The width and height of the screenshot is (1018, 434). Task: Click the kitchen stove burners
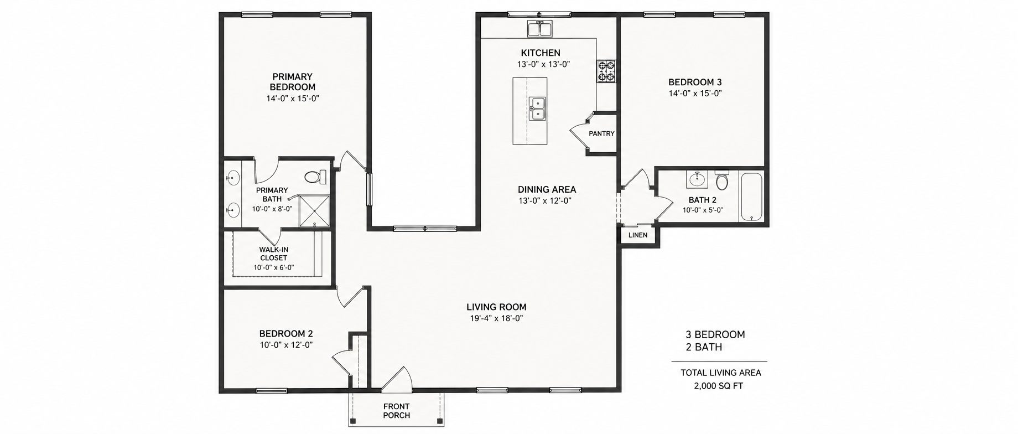(606, 71)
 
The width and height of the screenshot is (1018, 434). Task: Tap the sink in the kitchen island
(537, 108)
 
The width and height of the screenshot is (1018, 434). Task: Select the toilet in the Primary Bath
(315, 177)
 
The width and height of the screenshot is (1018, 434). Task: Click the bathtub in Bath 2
(751, 197)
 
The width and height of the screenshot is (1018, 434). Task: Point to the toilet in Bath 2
(722, 179)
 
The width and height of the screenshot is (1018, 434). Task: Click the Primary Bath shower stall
(314, 211)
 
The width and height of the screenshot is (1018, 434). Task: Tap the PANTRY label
(601, 133)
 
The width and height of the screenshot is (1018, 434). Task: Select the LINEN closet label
(638, 235)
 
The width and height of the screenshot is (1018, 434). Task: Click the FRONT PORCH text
(397, 411)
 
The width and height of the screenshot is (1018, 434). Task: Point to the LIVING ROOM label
(496, 307)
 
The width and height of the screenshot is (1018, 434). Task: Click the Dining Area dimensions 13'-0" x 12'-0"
(545, 201)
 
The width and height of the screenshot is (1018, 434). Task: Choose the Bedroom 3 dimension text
(695, 94)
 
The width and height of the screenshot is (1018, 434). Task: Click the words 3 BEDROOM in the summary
(715, 334)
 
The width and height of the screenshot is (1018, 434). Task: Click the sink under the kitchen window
(539, 28)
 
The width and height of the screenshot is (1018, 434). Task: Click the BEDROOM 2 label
(286, 334)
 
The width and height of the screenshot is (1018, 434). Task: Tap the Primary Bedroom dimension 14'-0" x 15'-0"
(293, 99)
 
